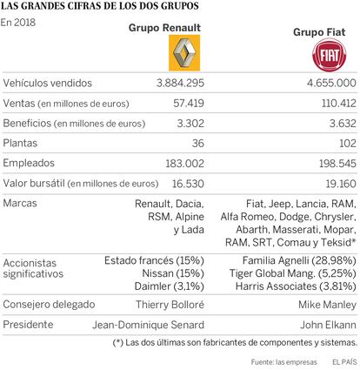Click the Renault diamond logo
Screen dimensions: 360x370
tap(184, 53)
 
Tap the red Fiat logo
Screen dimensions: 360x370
tap(330, 55)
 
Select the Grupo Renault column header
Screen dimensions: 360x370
tap(164, 28)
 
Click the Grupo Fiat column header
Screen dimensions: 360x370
tap(319, 32)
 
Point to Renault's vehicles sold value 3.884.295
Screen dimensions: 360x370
tap(180, 83)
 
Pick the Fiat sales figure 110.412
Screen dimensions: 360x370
tap(339, 103)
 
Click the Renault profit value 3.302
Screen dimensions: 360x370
tap(190, 124)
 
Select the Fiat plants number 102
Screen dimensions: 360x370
tap(348, 143)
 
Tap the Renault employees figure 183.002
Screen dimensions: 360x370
tap(185, 164)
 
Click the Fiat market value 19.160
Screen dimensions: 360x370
tap(341, 184)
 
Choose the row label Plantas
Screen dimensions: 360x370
tap(20, 143)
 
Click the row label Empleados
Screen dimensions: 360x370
tap(29, 163)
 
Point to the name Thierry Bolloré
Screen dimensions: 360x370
tap(170, 305)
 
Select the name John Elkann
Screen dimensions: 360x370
tap(328, 325)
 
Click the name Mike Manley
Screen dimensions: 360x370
tap(327, 305)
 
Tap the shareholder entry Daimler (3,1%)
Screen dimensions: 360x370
tap(170, 286)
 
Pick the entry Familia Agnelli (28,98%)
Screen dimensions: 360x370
tap(299, 260)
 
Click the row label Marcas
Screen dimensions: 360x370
tap(20, 203)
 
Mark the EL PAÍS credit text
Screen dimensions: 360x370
tap(344, 362)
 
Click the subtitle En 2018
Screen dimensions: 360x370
tap(18, 23)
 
